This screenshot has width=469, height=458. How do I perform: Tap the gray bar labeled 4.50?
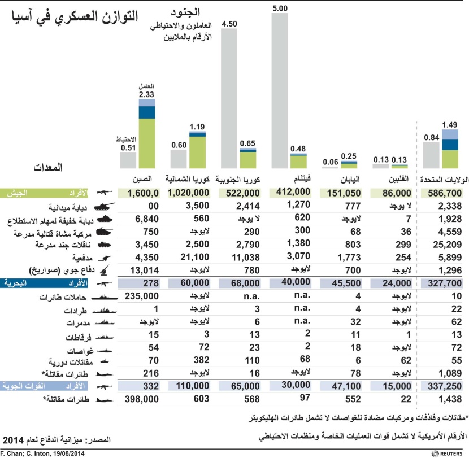click(x=228, y=99)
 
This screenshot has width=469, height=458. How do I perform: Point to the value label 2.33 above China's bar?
click(x=146, y=94)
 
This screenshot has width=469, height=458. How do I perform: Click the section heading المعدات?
click(x=48, y=167)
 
